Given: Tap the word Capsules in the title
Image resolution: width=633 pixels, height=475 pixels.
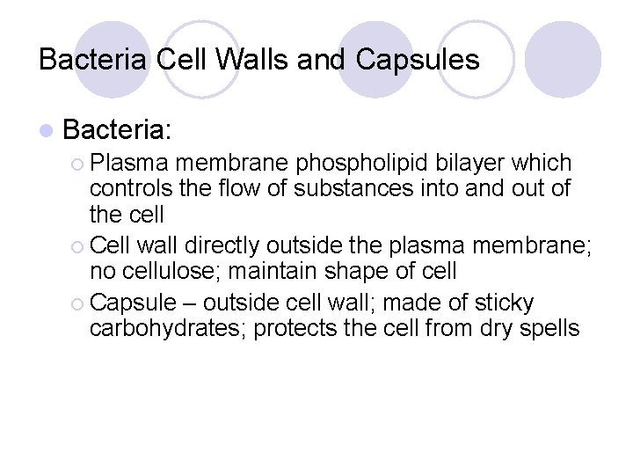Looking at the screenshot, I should (x=418, y=60).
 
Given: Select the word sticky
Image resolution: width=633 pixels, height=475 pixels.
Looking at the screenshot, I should (x=504, y=303).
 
